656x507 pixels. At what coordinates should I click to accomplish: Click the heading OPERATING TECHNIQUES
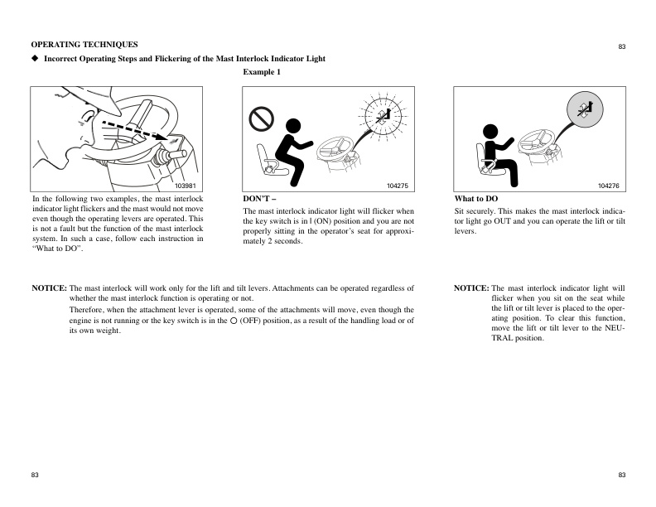[x=84, y=44]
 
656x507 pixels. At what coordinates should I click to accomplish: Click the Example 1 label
[x=262, y=73]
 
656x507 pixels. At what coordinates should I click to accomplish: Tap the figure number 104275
[x=398, y=186]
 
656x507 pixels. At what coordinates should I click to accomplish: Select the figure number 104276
[x=609, y=186]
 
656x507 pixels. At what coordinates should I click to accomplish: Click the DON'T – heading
[x=257, y=200]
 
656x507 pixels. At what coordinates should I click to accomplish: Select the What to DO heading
[x=476, y=200]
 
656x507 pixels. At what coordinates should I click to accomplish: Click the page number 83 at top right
[x=621, y=47]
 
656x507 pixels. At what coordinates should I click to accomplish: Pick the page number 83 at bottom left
[x=36, y=475]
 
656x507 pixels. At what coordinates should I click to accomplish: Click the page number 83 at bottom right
[x=621, y=475]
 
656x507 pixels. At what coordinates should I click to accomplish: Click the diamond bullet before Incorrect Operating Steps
[x=35, y=59]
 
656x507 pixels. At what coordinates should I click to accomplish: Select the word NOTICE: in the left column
[x=49, y=287]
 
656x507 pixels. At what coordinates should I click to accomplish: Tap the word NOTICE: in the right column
[x=471, y=287]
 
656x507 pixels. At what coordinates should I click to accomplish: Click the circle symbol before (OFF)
[x=233, y=320]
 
